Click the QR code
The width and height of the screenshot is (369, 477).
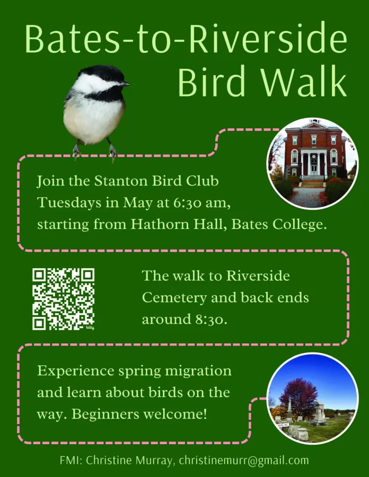coord(64,299)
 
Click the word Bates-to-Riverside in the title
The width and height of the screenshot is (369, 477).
coord(186,39)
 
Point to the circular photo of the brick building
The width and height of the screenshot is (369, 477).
coord(313,163)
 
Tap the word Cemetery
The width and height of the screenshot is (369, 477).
coord(174,298)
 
